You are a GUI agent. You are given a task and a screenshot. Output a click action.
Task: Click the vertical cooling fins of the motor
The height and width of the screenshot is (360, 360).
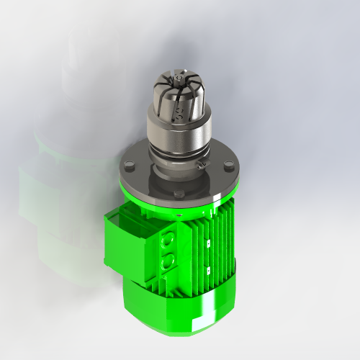coord(216,252)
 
